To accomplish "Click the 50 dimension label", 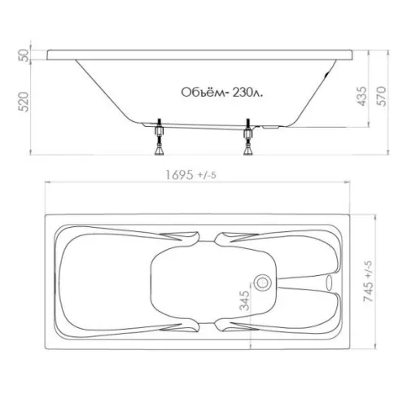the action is pyautogui.click(x=24, y=55).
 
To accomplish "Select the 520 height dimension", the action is pyautogui.click(x=24, y=102).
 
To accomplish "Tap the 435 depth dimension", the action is pyautogui.click(x=361, y=96).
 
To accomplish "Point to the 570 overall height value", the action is pyautogui.click(x=381, y=96).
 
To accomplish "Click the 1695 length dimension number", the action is pyautogui.click(x=179, y=175).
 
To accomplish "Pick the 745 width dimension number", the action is pyautogui.click(x=368, y=292).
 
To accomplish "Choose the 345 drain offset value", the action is pyautogui.click(x=244, y=300).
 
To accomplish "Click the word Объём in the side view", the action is pyautogui.click(x=203, y=92).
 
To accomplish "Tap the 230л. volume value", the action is pyautogui.click(x=248, y=93).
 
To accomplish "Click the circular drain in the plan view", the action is pyautogui.click(x=263, y=282).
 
